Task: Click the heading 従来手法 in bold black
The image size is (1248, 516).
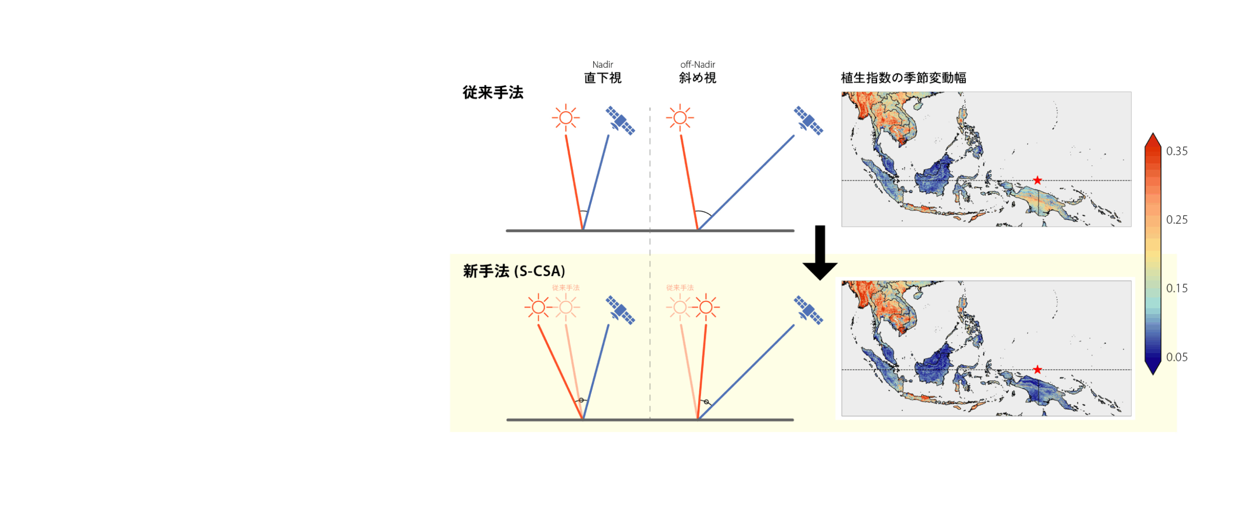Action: tap(492, 92)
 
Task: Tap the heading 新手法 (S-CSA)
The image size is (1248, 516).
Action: tap(513, 271)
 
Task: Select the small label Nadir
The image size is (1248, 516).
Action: tap(603, 64)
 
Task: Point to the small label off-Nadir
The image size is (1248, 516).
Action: tap(697, 64)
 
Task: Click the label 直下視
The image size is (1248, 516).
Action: tap(603, 78)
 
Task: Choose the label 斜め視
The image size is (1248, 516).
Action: tap(697, 78)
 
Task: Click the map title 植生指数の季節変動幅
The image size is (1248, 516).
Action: tap(903, 78)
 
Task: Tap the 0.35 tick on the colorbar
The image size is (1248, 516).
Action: tap(1176, 151)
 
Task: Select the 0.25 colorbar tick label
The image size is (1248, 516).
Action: tap(1176, 220)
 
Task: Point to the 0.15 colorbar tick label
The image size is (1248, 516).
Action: tap(1176, 288)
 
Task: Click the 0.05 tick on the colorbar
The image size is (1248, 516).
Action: tap(1176, 357)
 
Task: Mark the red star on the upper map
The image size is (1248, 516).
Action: tap(1037, 180)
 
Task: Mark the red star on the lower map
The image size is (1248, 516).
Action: tap(1037, 370)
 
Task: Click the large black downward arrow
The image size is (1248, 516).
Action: tap(820, 254)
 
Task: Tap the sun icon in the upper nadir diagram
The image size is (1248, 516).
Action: tap(565, 118)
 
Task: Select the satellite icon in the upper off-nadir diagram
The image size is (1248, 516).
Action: tap(808, 120)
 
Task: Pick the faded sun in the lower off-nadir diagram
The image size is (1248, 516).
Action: tap(680, 307)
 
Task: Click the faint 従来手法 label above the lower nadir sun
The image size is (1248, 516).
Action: tap(565, 288)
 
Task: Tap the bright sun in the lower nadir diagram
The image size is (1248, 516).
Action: tap(538, 307)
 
